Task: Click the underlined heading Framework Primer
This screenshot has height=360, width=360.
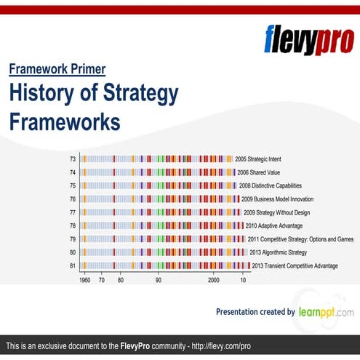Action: pos(57,70)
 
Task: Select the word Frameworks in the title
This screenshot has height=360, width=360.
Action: pos(65,121)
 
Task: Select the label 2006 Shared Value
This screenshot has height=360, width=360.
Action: pos(260,172)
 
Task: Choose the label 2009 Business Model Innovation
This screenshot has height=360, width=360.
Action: pos(277,199)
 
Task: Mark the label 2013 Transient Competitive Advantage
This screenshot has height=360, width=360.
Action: pos(294,265)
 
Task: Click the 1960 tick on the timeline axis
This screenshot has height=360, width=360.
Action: pos(84,279)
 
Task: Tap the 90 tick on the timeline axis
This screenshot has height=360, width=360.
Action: pos(158,279)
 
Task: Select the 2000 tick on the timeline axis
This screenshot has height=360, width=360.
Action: pos(214,279)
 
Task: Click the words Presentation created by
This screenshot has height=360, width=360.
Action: pos(255,312)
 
